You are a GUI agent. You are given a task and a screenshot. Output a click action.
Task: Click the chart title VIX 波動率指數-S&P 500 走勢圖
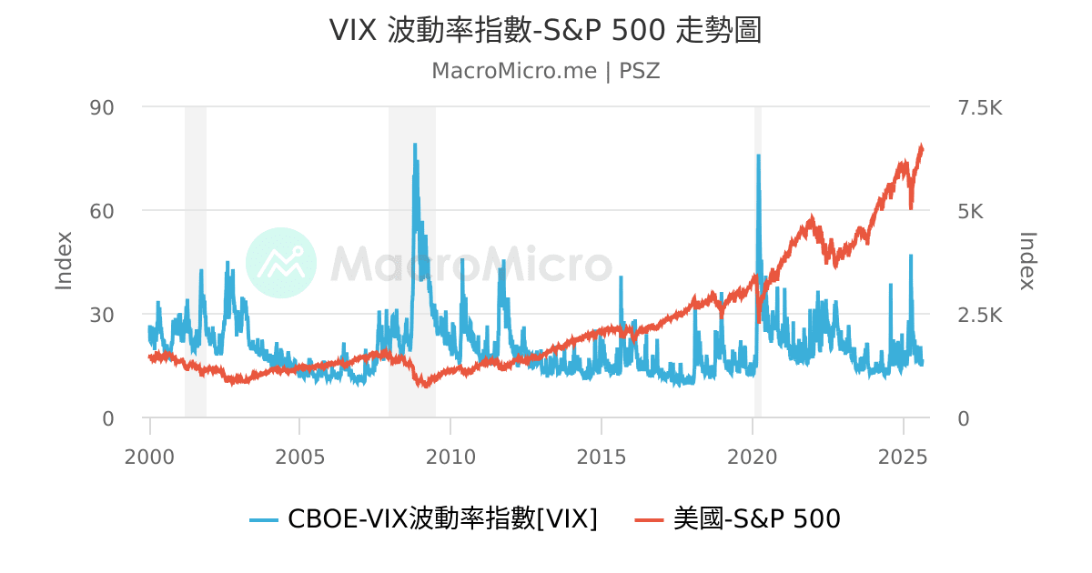(x=545, y=30)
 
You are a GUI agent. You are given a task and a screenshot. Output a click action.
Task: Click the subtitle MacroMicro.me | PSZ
(x=545, y=71)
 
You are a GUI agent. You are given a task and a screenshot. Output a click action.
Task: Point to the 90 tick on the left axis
(x=101, y=107)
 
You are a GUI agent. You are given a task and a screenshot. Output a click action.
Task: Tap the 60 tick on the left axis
(x=101, y=211)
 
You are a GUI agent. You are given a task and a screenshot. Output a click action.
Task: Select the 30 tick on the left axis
(x=101, y=315)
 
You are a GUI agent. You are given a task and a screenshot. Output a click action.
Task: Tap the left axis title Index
(x=64, y=262)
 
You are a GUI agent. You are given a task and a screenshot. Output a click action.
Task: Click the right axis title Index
(x=1027, y=262)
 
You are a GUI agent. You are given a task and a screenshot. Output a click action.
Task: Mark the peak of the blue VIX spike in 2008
(x=415, y=145)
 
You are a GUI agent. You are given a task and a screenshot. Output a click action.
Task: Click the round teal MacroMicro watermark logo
(x=281, y=263)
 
